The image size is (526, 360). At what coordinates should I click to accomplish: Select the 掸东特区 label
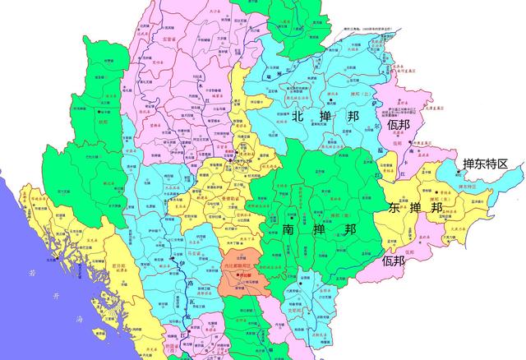(x=485, y=164)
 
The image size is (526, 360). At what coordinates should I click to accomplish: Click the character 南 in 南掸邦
(x=289, y=228)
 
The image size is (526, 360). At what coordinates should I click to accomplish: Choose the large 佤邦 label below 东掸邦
(x=394, y=261)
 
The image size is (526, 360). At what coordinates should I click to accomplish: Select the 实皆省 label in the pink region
(x=169, y=39)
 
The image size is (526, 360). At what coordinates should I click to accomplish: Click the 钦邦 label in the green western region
(x=104, y=121)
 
